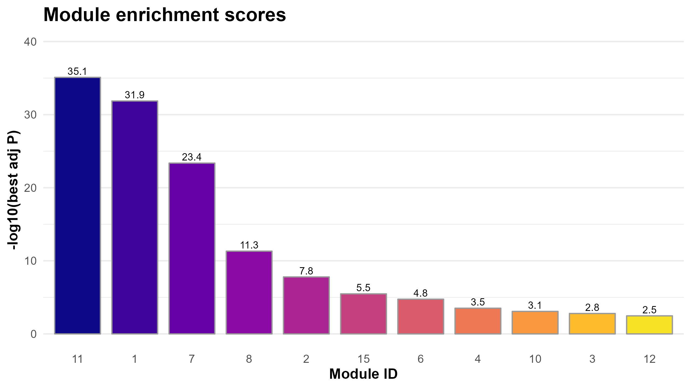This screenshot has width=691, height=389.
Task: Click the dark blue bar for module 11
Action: (77, 205)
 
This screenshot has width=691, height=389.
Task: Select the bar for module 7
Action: (192, 249)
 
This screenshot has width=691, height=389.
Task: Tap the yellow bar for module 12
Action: (649, 325)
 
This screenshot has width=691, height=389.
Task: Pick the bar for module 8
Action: (249, 292)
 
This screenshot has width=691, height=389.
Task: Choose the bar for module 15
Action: (364, 314)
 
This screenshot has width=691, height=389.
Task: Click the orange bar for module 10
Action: (535, 323)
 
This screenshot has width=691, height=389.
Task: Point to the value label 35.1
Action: (77, 72)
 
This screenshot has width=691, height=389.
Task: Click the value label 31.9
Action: (135, 95)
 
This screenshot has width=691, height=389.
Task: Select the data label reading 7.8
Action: (306, 271)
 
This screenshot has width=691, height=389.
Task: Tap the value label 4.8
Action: (421, 293)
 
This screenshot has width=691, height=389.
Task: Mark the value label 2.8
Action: (592, 307)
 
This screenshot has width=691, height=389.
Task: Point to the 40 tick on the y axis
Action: (30, 42)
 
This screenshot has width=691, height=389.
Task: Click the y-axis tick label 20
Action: (30, 188)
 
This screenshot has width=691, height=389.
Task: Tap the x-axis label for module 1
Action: (135, 359)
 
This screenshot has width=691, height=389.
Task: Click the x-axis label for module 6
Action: (421, 359)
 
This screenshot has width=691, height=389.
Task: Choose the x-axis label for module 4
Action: (478, 359)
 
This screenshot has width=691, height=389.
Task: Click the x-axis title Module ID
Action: (363, 374)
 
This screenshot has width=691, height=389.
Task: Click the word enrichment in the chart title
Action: (168, 15)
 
